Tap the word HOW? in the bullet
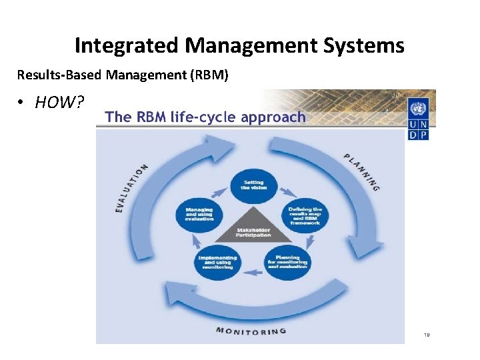(x=60, y=102)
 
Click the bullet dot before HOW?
(x=21, y=102)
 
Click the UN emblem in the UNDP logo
(x=418, y=109)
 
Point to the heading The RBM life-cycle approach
(x=205, y=117)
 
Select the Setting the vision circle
(x=253, y=185)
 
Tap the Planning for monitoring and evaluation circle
(x=288, y=262)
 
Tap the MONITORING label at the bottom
(x=251, y=330)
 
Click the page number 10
(x=426, y=335)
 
